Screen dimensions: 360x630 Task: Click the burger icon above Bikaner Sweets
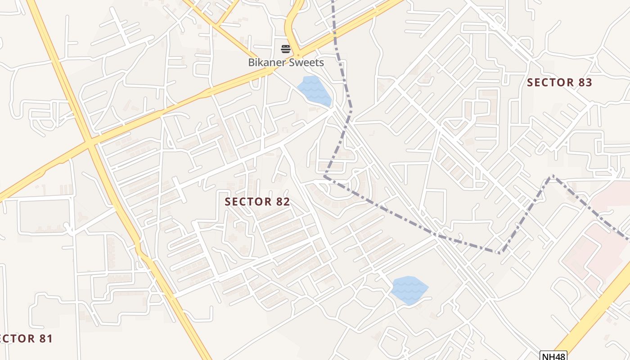(x=286, y=49)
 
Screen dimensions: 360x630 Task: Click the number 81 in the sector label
(x=45, y=338)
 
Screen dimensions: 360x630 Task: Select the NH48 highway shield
(x=553, y=356)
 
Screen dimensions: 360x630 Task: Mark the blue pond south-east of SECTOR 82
(x=409, y=290)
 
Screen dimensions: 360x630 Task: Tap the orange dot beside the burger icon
(x=297, y=55)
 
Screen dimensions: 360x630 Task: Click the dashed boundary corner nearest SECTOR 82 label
(x=324, y=177)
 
